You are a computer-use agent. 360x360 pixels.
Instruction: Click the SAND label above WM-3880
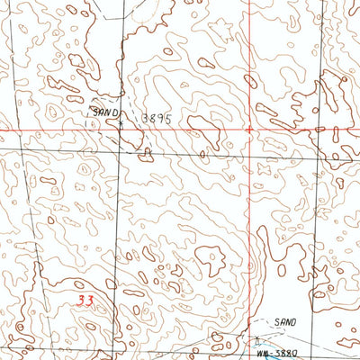pos(285,321)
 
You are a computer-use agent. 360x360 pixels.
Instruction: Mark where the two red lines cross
pos(250,130)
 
